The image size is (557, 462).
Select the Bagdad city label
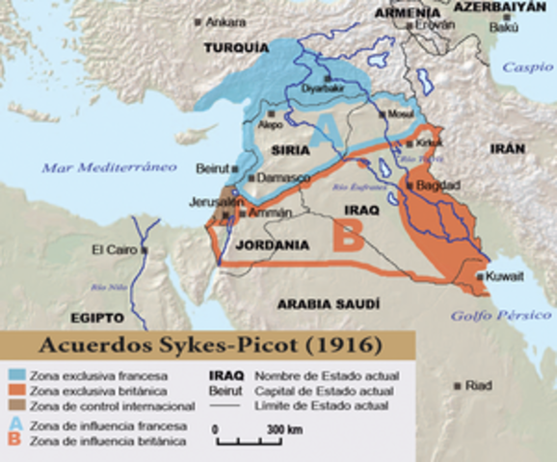(438, 184)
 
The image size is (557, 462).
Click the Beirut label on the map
(211, 167)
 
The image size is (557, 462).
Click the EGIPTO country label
(96, 318)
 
